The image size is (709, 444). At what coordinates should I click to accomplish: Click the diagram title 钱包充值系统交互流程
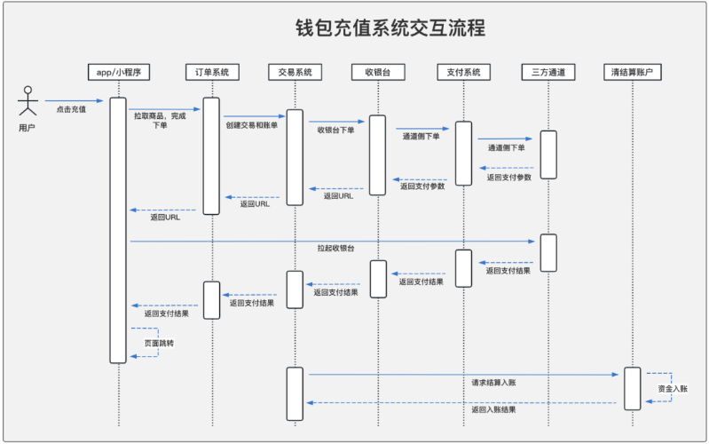click(390, 28)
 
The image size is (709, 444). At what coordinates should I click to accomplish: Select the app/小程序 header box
click(119, 72)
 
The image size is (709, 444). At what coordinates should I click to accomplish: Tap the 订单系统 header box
click(212, 72)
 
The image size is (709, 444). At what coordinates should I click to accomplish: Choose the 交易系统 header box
click(295, 72)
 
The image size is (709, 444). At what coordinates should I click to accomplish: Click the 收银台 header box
click(378, 72)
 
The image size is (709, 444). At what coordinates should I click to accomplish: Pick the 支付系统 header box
click(463, 72)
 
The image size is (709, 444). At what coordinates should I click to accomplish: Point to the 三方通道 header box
click(548, 72)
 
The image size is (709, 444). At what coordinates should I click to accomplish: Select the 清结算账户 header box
click(633, 72)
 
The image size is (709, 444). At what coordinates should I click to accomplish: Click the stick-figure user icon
click(28, 101)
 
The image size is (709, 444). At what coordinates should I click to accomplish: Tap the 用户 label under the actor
click(27, 128)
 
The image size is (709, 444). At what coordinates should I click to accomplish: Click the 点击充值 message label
click(71, 109)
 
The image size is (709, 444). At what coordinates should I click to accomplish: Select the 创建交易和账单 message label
click(252, 125)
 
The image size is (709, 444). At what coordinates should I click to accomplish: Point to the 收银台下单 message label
click(335, 131)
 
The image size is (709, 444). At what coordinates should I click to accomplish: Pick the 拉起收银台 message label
click(336, 249)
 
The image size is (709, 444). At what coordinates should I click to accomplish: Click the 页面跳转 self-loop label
click(159, 343)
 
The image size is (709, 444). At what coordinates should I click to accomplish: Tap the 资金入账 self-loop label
click(673, 388)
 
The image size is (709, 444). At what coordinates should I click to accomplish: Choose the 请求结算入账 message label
click(493, 383)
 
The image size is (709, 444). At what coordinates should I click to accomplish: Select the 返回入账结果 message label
click(493, 409)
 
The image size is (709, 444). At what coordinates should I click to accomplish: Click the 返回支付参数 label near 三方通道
click(509, 178)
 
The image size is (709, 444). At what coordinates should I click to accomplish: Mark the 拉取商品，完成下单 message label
click(160, 121)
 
